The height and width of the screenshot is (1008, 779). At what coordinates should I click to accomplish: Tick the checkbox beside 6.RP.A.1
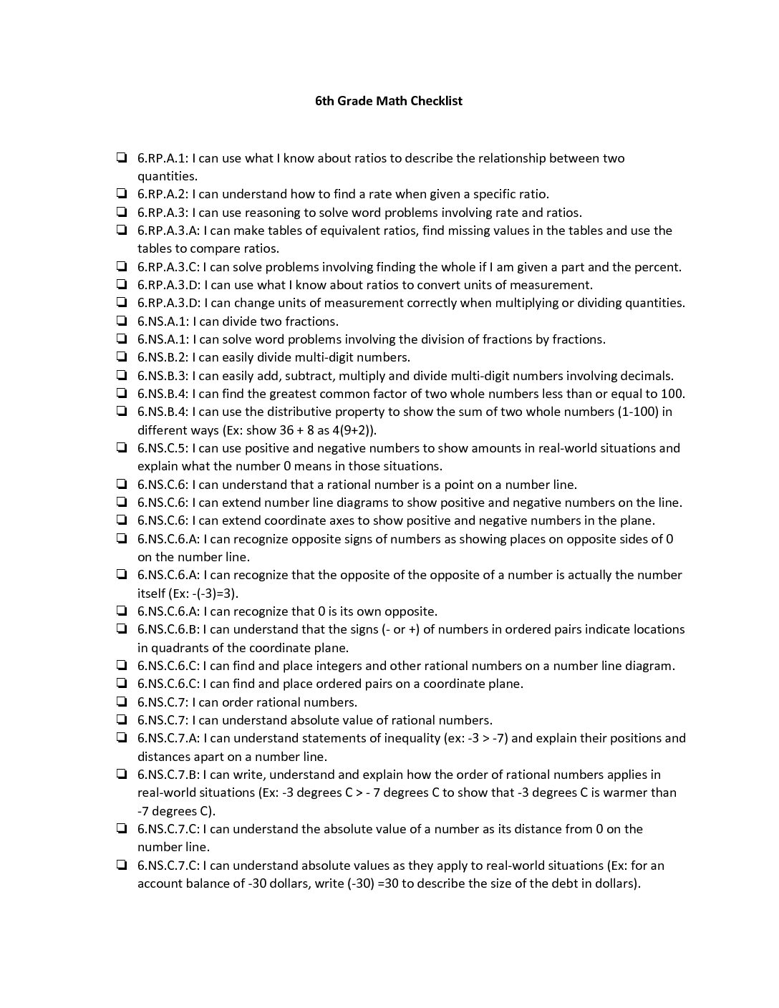[122, 157]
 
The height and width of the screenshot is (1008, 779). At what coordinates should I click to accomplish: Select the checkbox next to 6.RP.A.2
[122, 193]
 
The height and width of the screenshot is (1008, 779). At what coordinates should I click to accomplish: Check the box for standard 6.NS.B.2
[122, 357]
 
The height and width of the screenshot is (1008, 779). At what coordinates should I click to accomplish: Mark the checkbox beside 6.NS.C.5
[122, 447]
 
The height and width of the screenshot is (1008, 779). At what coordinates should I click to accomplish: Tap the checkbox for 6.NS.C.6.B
[122, 629]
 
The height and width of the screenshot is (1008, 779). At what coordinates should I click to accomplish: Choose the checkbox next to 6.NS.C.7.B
[122, 774]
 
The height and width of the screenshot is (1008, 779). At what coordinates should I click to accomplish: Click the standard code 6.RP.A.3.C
[169, 267]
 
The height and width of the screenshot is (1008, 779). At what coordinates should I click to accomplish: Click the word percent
[657, 267]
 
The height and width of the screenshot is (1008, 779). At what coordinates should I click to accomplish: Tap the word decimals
[647, 375]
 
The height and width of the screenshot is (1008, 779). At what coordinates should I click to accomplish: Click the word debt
[547, 883]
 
